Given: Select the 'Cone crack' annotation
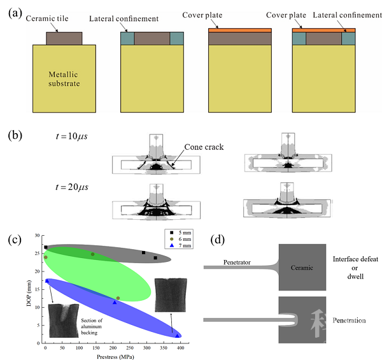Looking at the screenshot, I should click(204, 147).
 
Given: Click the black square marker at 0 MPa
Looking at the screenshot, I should click(46, 247).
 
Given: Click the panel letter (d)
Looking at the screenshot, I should click(218, 241).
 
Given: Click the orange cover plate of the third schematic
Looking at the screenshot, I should click(240, 30).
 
